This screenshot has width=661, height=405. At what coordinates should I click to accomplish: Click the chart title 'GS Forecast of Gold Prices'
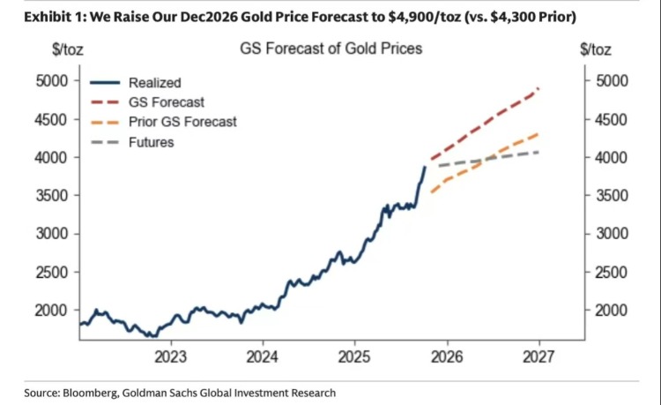coord(330,49)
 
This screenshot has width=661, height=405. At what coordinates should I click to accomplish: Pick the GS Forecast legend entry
coord(167,102)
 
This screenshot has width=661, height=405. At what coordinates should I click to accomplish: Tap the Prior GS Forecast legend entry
coord(182,122)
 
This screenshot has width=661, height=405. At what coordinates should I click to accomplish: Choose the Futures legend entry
coord(151,141)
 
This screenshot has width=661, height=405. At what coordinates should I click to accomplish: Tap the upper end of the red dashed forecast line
coord(538,88)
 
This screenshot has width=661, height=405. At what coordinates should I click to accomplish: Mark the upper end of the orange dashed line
coord(538,134)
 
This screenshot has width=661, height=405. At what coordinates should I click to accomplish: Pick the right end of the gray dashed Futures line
coord(538,153)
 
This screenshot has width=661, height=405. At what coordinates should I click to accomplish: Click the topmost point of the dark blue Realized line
coord(425,166)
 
